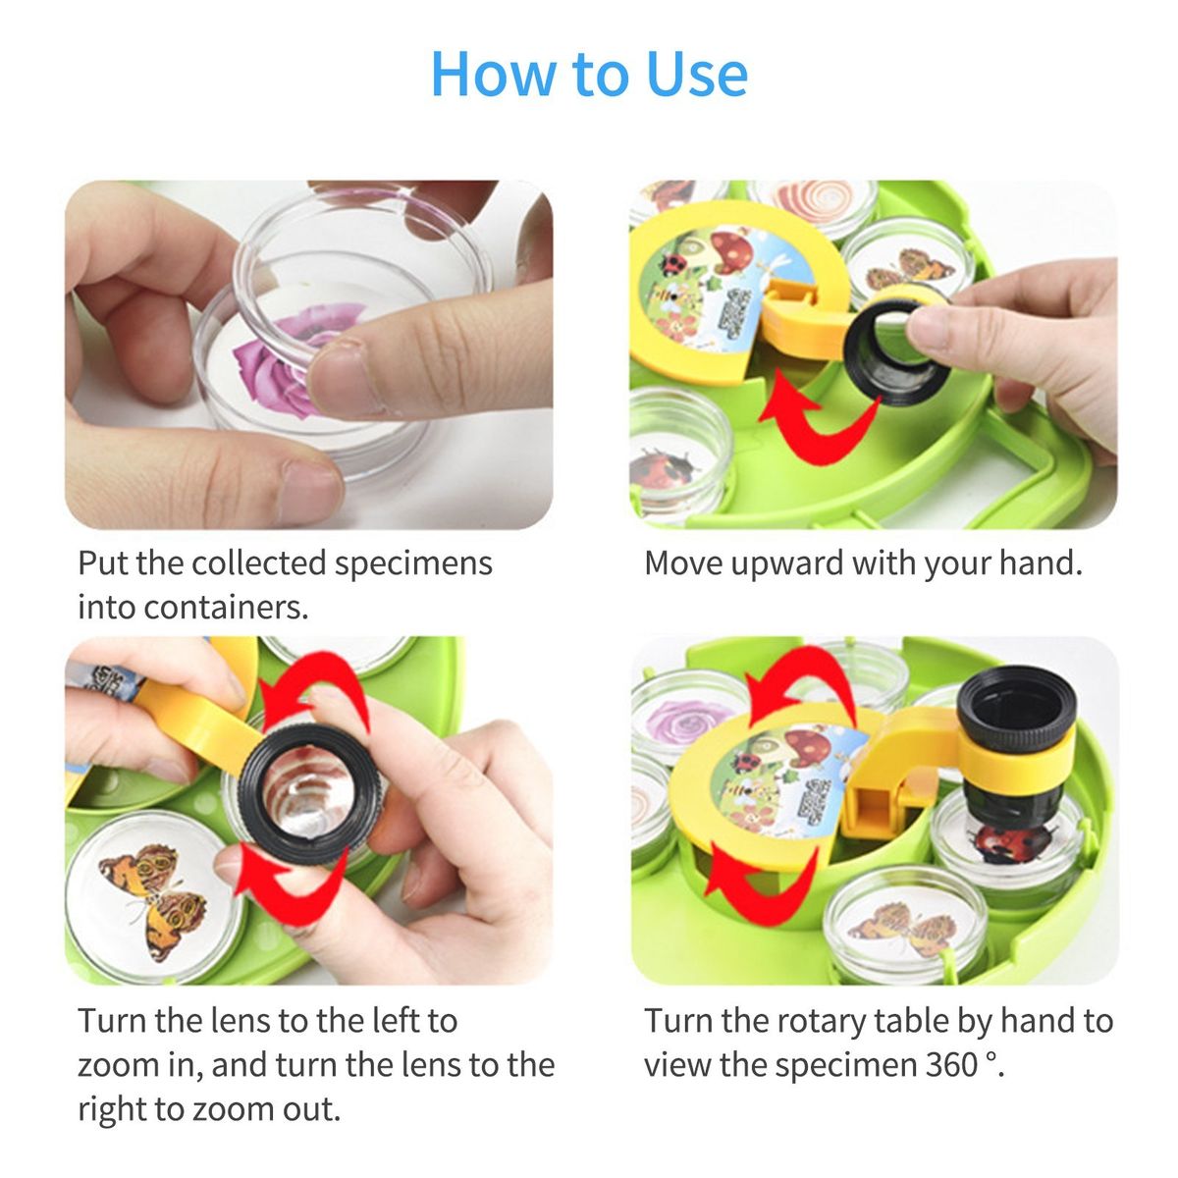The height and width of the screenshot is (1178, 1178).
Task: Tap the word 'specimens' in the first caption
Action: pos(413,564)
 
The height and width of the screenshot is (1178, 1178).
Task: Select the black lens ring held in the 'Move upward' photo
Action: pos(896,353)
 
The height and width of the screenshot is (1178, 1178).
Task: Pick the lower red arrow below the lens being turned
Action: pos(288,881)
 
